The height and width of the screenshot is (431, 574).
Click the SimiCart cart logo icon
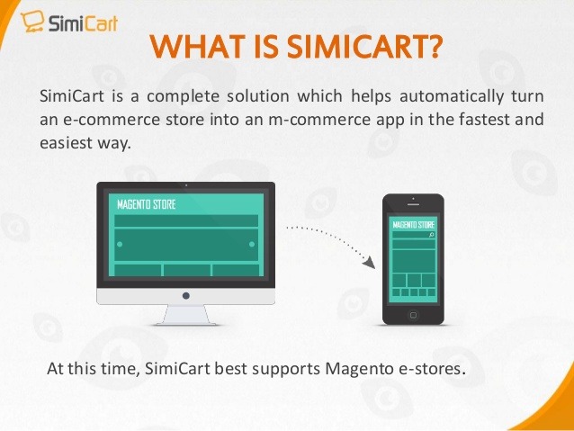(32, 22)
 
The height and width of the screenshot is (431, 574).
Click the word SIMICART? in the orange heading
(364, 47)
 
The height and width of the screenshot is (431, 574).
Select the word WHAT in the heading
(197, 47)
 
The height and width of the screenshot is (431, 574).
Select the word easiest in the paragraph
(66, 143)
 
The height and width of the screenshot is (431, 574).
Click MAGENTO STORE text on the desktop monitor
(147, 204)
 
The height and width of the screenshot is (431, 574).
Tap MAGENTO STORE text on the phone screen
(413, 224)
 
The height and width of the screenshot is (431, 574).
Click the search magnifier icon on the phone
(432, 235)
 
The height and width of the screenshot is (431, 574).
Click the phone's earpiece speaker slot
(413, 204)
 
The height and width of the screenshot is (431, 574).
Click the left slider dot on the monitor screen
(120, 244)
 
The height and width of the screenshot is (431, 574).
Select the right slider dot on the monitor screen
(252, 244)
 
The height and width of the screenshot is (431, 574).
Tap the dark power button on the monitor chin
(186, 295)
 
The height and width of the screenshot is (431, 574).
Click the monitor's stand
(186, 315)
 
